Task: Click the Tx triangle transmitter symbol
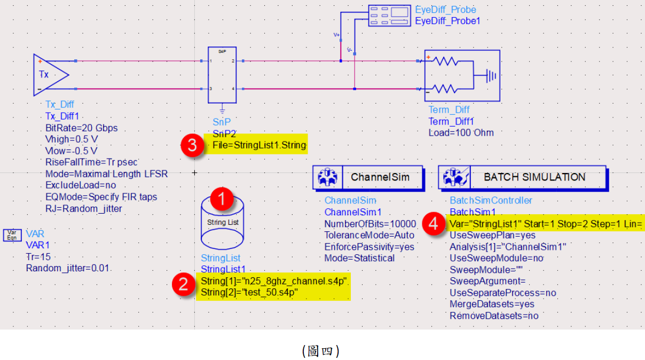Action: click(x=49, y=74)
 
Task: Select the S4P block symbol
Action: click(x=222, y=75)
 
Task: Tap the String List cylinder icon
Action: click(x=223, y=220)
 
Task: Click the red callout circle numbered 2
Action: click(x=184, y=284)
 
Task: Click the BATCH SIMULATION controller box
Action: click(x=522, y=177)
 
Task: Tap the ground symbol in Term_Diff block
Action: click(x=489, y=75)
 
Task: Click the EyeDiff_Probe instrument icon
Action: click(x=390, y=15)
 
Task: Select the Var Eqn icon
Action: click(x=12, y=235)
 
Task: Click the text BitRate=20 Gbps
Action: click(x=81, y=128)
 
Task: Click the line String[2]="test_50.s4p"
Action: click(x=249, y=292)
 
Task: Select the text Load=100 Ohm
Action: click(x=461, y=132)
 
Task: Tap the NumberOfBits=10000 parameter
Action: click(x=369, y=223)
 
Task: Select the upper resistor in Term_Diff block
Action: click(x=446, y=61)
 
